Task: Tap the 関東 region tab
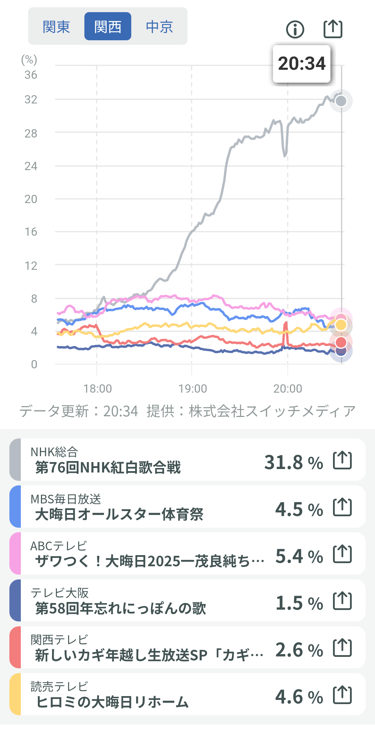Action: pos(56,27)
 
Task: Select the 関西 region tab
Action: pos(108,27)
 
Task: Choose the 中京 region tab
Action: pos(159,27)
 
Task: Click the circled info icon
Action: pos(295,29)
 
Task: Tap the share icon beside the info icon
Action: pos(333,28)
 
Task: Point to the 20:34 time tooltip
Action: pos(301,64)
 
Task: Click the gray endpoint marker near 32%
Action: pos(341,101)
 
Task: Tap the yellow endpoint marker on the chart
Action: pos(341,325)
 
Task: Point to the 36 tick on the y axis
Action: pos(31,75)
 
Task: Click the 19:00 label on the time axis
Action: pos(192,388)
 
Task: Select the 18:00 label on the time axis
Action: pos(98,388)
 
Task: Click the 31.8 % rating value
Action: pos(293,462)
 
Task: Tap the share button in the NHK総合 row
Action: pos(342,460)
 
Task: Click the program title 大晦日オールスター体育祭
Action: pos(119,515)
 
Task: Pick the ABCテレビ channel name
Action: pos(58,546)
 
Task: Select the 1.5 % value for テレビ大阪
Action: pos(299,603)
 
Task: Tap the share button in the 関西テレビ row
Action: pos(342,648)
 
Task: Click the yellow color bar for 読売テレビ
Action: pos(15,694)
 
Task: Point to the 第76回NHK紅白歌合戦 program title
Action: pos(108,468)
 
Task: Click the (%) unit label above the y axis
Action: pos(29,60)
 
